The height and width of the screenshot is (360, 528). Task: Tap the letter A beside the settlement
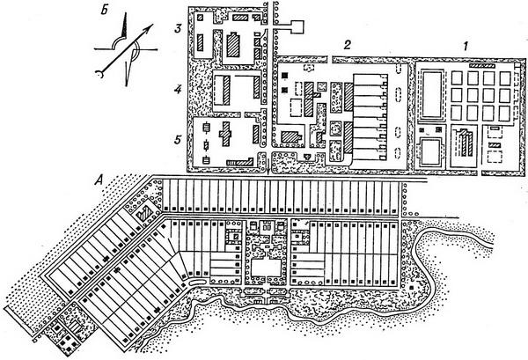pos(104,181)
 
